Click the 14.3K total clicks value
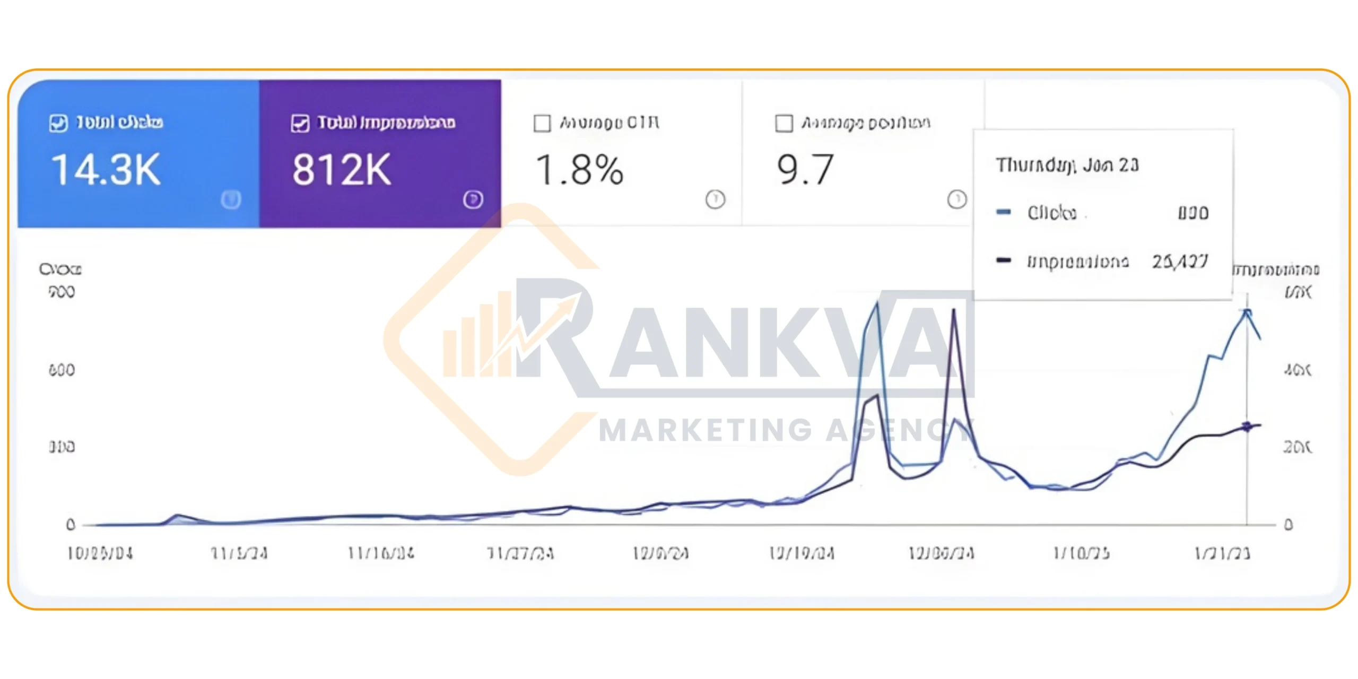click(x=106, y=170)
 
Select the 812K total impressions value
click(x=342, y=170)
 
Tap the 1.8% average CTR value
click(x=579, y=170)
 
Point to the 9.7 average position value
click(x=805, y=170)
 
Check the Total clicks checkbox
click(x=58, y=123)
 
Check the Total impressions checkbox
click(x=300, y=123)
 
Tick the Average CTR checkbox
click(x=542, y=123)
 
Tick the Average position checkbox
click(x=784, y=123)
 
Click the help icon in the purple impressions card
click(x=473, y=199)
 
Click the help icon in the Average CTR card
click(x=715, y=199)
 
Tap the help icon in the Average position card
click(x=957, y=199)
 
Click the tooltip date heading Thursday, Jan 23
click(x=1067, y=165)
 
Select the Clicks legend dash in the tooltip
click(x=1004, y=212)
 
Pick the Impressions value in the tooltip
click(x=1179, y=261)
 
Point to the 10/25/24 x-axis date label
click(x=100, y=554)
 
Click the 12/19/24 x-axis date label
click(x=802, y=554)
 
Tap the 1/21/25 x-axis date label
click(x=1222, y=554)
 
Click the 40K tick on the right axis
click(x=1297, y=370)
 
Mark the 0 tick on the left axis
click(x=71, y=525)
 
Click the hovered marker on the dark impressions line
click(x=1247, y=426)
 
